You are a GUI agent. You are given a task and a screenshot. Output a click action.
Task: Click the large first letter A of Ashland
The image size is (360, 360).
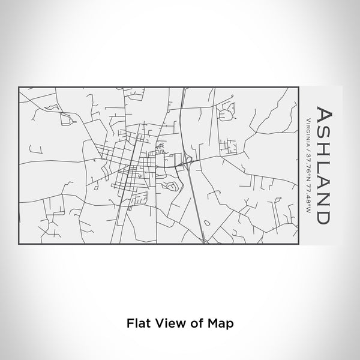322,115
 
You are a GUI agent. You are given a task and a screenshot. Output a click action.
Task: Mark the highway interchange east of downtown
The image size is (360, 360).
187,160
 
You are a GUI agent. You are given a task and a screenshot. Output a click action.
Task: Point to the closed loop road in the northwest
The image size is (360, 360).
65,119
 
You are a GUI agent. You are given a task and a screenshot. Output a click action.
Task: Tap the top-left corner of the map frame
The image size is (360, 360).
19,88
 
